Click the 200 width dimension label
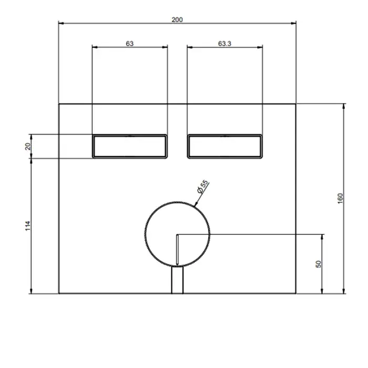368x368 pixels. click(177, 20)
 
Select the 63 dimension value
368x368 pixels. click(129, 44)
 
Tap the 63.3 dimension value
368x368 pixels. click(224, 44)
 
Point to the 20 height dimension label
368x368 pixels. click(28, 147)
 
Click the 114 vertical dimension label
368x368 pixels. click(28, 226)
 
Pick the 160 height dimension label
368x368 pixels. click(340, 199)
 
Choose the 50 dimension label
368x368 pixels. click(318, 264)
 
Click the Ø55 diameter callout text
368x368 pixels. click(203, 187)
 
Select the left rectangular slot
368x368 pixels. click(130, 147)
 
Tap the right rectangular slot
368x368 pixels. click(225, 147)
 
